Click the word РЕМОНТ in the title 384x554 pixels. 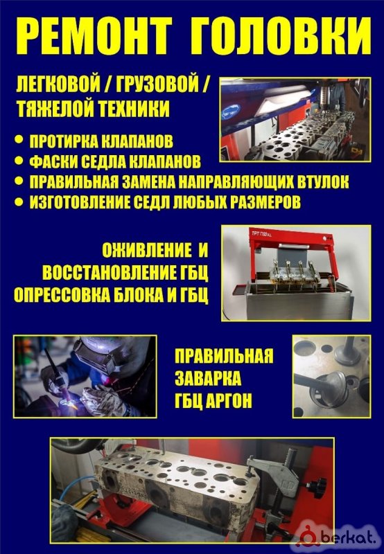point(94,36)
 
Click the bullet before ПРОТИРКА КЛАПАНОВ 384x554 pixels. point(19,140)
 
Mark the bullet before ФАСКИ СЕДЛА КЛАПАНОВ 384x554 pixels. point(19,161)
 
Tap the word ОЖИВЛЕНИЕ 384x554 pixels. point(146,251)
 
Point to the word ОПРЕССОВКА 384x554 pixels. point(62,296)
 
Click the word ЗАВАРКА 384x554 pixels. point(208,378)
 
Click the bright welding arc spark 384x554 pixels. point(73,405)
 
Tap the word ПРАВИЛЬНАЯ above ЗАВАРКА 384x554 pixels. point(224,356)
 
